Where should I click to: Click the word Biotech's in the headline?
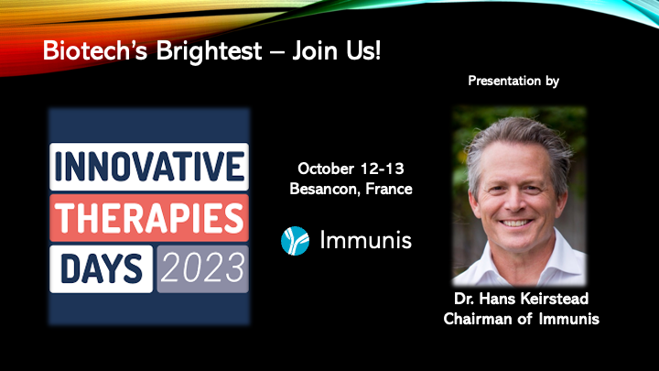pos(95,51)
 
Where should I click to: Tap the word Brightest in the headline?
pos(210,51)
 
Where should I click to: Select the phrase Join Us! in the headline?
pos(336,51)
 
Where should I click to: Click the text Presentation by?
pos(513,81)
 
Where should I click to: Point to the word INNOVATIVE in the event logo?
pos(149,167)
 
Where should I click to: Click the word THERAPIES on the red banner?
pos(149,218)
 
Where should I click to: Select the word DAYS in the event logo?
pos(102,268)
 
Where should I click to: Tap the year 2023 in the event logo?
pos(202,268)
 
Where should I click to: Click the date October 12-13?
pos(351,169)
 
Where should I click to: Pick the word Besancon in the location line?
pos(323,189)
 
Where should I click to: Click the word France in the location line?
pos(389,189)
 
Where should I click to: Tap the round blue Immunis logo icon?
pos(295,241)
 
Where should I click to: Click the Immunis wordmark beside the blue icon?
pos(365,240)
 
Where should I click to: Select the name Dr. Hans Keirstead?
pos(521,299)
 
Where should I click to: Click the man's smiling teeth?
pos(515,223)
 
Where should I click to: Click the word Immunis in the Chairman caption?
pos(569,319)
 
